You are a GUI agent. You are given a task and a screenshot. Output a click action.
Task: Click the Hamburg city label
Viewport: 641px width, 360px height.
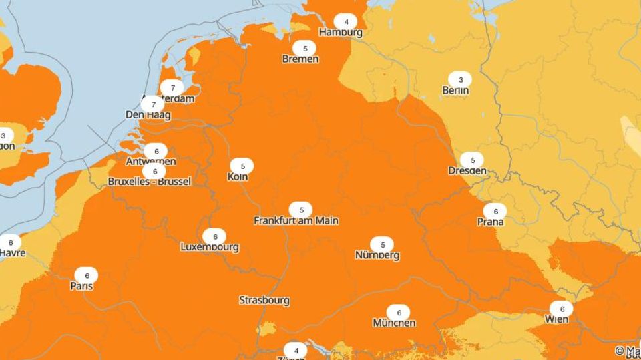[341, 32]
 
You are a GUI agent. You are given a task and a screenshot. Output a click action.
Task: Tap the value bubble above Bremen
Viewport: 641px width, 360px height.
[305, 48]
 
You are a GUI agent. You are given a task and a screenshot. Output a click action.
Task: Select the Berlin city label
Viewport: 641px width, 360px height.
[455, 90]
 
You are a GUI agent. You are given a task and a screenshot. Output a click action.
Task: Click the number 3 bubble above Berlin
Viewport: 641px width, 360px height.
[459, 79]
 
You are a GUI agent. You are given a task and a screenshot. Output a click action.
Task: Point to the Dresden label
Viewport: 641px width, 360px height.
[467, 170]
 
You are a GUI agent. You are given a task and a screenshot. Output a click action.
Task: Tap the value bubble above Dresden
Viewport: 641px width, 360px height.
[472, 160]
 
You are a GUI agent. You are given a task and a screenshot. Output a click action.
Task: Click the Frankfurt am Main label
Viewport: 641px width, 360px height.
[296, 220]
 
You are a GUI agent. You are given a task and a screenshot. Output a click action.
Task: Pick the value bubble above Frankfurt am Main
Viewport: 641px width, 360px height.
[301, 210]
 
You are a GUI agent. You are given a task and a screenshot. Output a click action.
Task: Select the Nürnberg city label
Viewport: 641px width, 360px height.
[377, 255]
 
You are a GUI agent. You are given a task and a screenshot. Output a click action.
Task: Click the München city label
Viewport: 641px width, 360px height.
[394, 323]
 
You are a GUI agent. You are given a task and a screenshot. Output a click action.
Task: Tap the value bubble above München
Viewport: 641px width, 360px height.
[399, 313]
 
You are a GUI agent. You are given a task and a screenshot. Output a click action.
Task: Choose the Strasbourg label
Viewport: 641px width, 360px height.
[264, 300]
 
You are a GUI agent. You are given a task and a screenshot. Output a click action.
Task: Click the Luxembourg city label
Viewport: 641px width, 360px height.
[210, 247]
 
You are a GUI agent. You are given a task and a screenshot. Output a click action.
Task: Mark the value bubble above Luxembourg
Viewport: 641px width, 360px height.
[214, 237]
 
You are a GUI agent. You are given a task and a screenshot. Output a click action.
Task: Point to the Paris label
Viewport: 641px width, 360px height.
[81, 286]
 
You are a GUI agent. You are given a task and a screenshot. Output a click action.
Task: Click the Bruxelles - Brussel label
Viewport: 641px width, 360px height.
[150, 182]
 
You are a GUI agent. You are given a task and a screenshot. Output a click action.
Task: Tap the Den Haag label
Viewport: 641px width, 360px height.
[148, 115]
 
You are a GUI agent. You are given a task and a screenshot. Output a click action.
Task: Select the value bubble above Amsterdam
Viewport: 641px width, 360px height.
[172, 88]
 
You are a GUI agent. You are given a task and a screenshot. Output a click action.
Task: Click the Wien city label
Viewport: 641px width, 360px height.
[556, 319]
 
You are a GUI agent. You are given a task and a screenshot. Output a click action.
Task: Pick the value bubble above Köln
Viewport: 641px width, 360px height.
[242, 166]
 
